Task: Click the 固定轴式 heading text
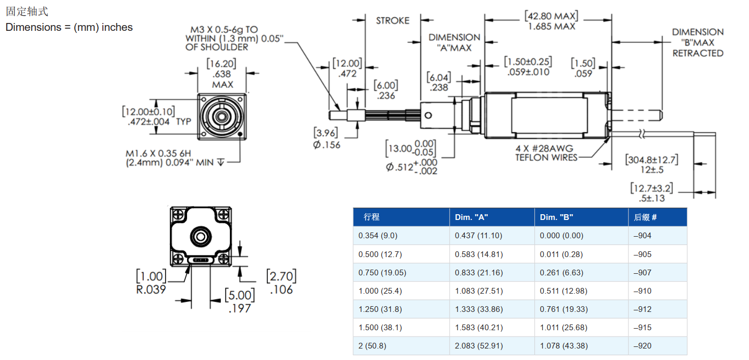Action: [27, 11]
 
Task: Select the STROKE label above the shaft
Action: [392, 20]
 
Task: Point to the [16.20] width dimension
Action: [221, 64]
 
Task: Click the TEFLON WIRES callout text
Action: [546, 157]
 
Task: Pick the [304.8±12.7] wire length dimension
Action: [652, 159]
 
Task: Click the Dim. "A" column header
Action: [472, 217]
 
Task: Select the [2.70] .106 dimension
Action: [280, 282]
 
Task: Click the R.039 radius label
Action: [151, 289]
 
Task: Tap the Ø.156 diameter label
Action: [326, 145]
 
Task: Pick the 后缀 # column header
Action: [645, 217]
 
